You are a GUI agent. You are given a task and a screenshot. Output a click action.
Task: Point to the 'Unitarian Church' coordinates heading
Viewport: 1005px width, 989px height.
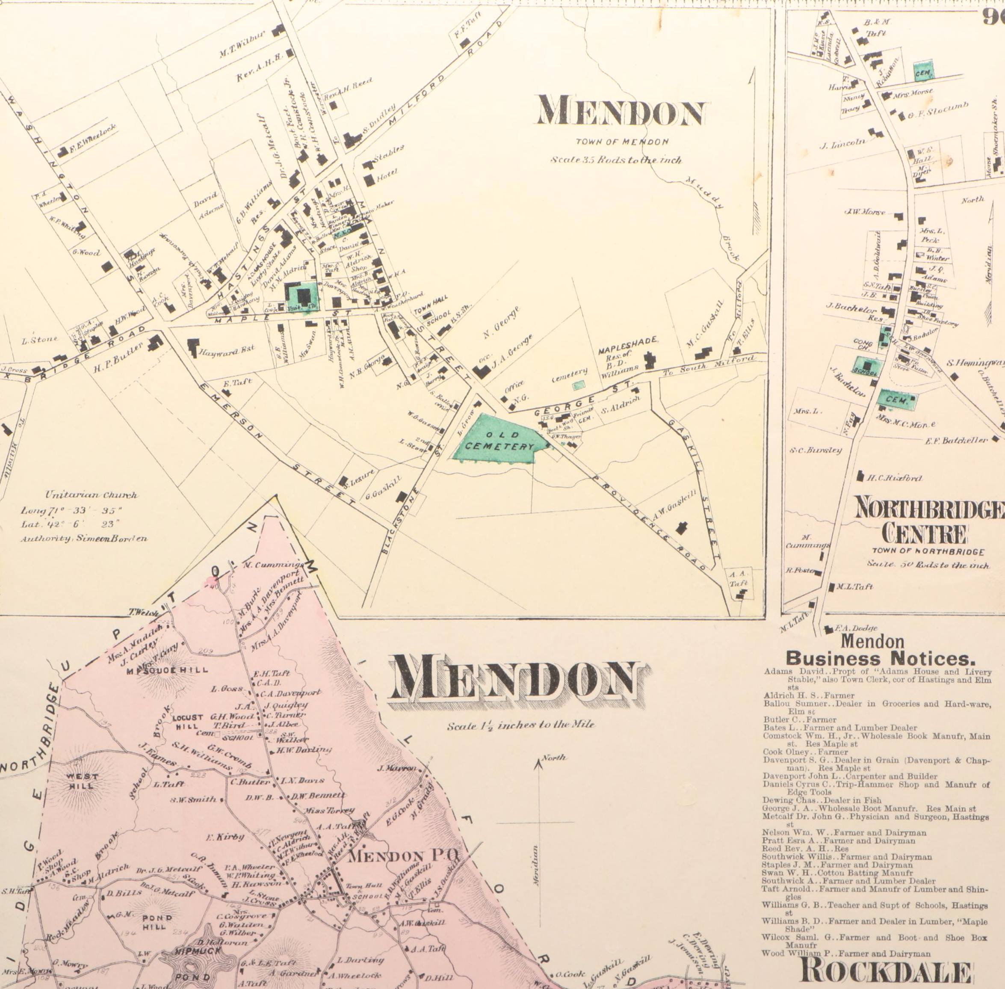click(91, 495)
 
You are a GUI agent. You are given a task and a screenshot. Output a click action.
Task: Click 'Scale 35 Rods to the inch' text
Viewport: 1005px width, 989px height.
click(615, 160)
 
